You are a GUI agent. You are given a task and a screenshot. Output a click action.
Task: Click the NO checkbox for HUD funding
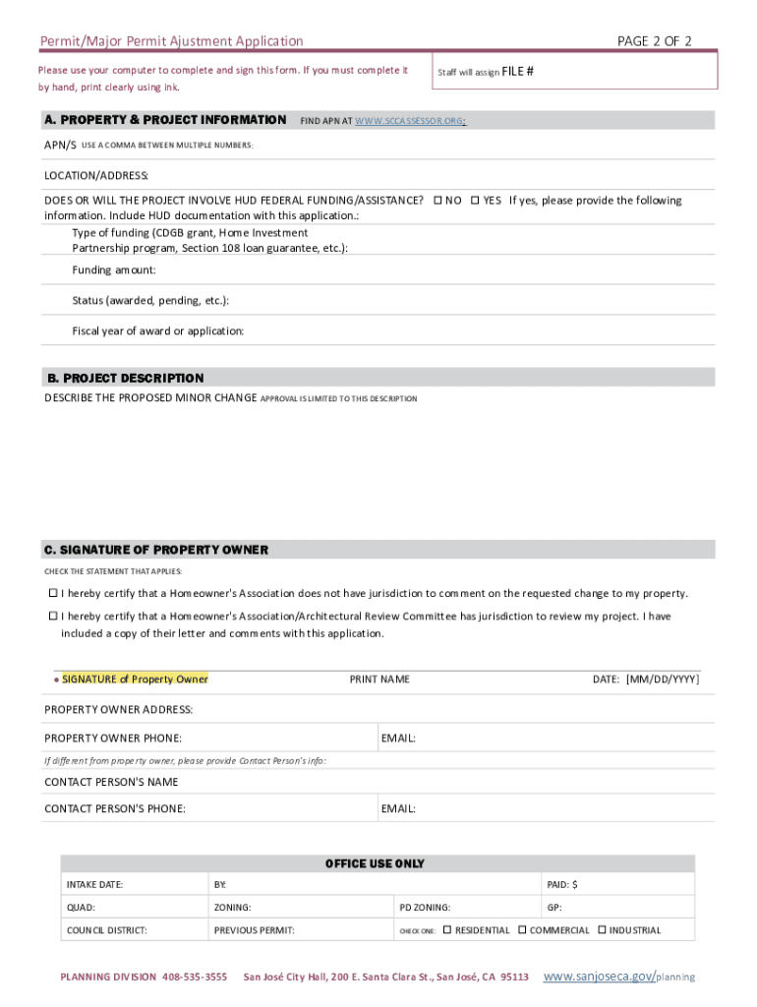pyautogui.click(x=438, y=201)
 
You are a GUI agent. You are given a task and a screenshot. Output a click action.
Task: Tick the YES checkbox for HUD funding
pyautogui.click(x=475, y=201)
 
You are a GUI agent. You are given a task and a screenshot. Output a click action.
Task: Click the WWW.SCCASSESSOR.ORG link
pyautogui.click(x=409, y=121)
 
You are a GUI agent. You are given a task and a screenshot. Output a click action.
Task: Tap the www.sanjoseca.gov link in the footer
pyautogui.click(x=599, y=976)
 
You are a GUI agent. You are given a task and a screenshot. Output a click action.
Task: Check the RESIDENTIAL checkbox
pyautogui.click(x=447, y=929)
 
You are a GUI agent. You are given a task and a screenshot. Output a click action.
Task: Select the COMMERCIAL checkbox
pyautogui.click(x=522, y=929)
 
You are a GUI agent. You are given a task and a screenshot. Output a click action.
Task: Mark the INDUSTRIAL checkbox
pyautogui.click(x=602, y=929)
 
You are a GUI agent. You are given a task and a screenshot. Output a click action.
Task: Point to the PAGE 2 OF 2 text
pyautogui.click(x=655, y=40)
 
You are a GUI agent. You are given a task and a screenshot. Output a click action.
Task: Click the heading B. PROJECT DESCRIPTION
pyautogui.click(x=125, y=379)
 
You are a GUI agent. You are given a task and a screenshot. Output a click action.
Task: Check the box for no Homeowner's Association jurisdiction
pyautogui.click(x=54, y=593)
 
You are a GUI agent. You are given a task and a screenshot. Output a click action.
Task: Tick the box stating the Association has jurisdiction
pyautogui.click(x=54, y=617)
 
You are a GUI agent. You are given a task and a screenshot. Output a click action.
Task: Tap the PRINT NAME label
pyautogui.click(x=379, y=680)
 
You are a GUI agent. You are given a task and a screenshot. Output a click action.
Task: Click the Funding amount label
pyautogui.click(x=114, y=269)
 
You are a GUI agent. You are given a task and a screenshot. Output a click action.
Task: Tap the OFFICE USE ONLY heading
pyautogui.click(x=375, y=863)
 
